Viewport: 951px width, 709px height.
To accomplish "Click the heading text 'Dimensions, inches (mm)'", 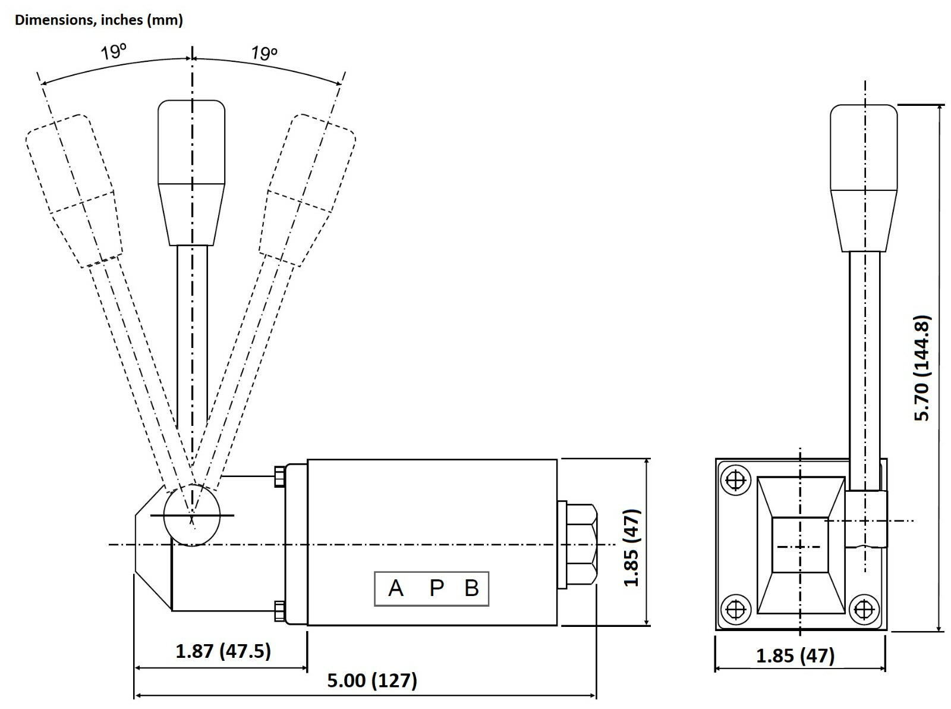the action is pos(99,20).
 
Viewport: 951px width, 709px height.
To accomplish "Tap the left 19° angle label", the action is pos(114,52).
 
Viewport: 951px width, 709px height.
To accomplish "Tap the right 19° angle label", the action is pos(264,53).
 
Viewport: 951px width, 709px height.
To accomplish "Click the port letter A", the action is pos(396,588).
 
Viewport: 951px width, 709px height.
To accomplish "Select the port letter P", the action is pos(436,588).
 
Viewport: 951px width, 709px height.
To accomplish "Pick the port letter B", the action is pos(472,588).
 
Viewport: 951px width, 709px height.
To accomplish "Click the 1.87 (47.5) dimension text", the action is pos(223,651).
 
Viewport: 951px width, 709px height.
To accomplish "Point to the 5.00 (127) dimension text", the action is pos(371,680).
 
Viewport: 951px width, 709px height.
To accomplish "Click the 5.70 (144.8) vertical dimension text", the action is pos(922,368).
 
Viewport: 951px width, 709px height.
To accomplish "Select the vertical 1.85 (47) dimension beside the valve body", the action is pos(632,548).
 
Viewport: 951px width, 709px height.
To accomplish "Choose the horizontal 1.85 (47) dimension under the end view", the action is pos(795,656).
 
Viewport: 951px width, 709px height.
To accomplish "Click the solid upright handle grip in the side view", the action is pos(191,173).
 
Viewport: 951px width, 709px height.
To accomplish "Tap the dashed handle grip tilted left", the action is pos(74,191).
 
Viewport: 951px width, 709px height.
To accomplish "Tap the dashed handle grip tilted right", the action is pos(307,190).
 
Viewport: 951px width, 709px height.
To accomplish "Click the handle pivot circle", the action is pos(191,515).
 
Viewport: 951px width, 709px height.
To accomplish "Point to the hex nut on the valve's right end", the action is pos(581,544).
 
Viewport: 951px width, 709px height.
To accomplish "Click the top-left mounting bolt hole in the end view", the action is pos(736,480).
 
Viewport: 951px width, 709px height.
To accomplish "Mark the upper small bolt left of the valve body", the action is pos(279,477).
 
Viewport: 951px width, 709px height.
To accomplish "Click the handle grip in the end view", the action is pos(864,178).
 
